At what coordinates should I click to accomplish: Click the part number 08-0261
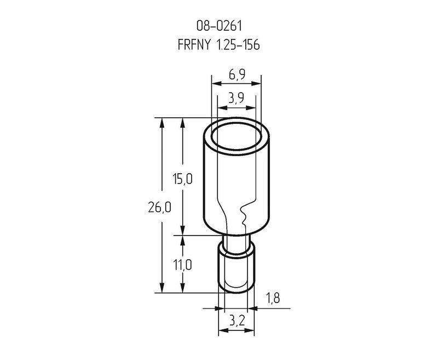coord(218,26)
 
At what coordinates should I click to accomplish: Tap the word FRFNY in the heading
coord(194,45)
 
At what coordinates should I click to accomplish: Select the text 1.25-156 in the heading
coord(238,45)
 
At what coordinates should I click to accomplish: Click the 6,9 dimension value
coord(237,75)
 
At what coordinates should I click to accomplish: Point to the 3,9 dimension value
coord(236,98)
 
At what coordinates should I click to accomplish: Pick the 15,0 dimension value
coord(182,179)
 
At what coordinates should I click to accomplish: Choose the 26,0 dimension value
coord(159,208)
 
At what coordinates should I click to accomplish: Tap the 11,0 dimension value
coord(183,265)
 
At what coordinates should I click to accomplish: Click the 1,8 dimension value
coord(273,299)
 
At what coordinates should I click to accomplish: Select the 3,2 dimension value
coord(237,322)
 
